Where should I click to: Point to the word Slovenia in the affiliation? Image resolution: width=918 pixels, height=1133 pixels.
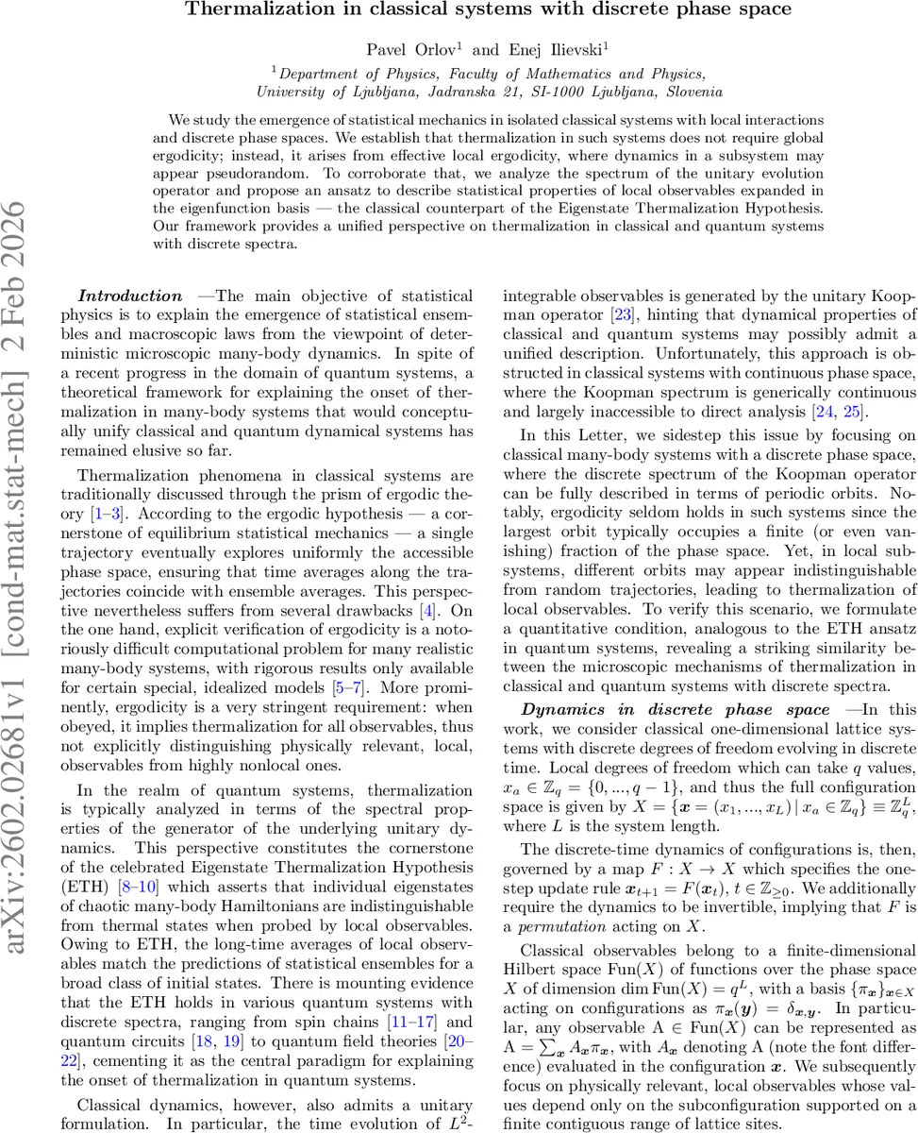691,92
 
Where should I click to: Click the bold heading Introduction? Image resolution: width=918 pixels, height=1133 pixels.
130,296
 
